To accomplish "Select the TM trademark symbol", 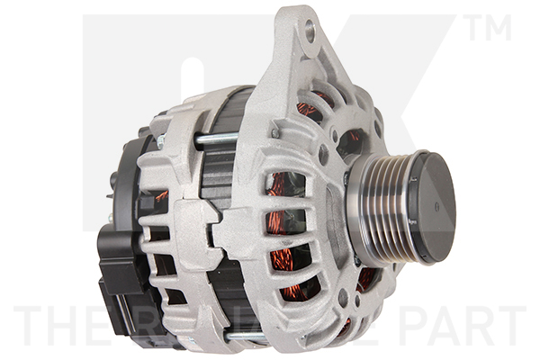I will click(x=490, y=30).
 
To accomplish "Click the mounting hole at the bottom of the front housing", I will click(x=341, y=298).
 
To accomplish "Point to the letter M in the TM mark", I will click(x=499, y=30).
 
